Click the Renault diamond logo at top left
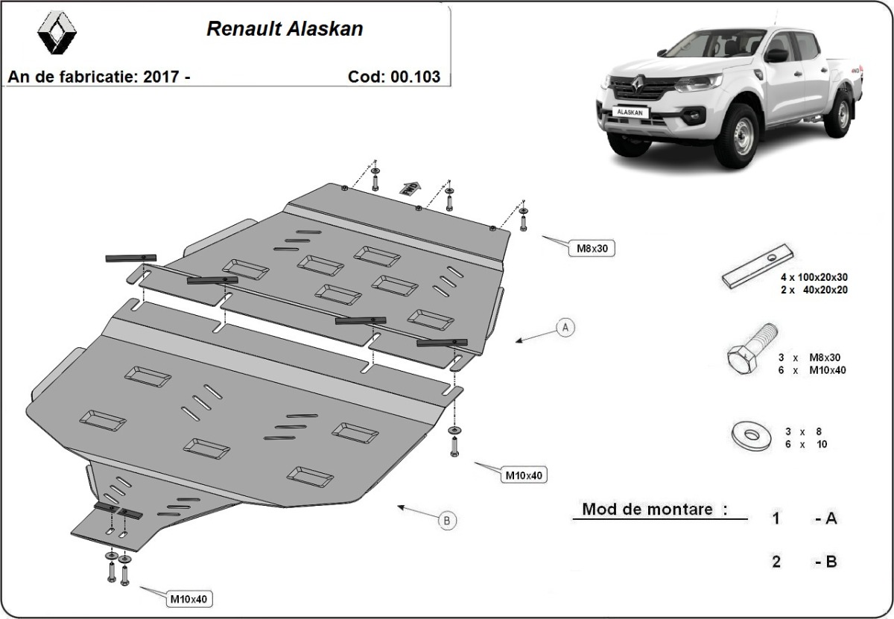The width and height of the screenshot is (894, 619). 57,34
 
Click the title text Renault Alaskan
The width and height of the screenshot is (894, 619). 285,29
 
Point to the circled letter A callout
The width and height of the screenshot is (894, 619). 565,326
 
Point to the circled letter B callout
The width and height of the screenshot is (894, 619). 446,521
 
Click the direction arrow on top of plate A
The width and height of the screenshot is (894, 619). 408,188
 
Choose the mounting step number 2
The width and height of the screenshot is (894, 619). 776,562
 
